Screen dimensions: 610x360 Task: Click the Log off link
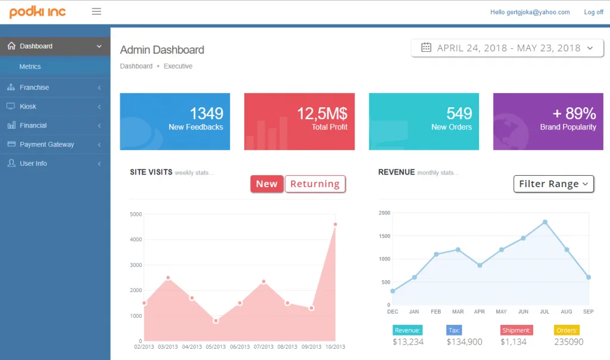(594, 12)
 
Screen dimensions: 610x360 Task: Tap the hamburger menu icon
(97, 12)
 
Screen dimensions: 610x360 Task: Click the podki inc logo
(38, 12)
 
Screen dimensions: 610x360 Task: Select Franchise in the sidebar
(34, 88)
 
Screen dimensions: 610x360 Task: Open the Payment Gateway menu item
(46, 144)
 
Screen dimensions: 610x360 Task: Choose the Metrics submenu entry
(30, 67)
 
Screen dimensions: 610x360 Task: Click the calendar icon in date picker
(426, 48)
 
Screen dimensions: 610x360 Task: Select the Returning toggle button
(315, 184)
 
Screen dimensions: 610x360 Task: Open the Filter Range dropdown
(553, 184)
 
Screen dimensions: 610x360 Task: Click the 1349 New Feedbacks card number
(206, 114)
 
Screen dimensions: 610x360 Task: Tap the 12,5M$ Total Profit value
(322, 114)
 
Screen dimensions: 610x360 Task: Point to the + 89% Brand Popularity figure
(574, 114)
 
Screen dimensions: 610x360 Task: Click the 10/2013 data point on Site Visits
(335, 224)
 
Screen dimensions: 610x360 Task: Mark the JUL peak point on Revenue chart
(545, 222)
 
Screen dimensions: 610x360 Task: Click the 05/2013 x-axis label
(216, 347)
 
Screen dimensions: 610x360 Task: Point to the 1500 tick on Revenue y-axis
(384, 236)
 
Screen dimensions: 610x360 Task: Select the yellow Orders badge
(567, 330)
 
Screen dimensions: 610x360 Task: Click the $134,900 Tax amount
(465, 342)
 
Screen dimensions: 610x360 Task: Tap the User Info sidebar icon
(11, 163)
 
